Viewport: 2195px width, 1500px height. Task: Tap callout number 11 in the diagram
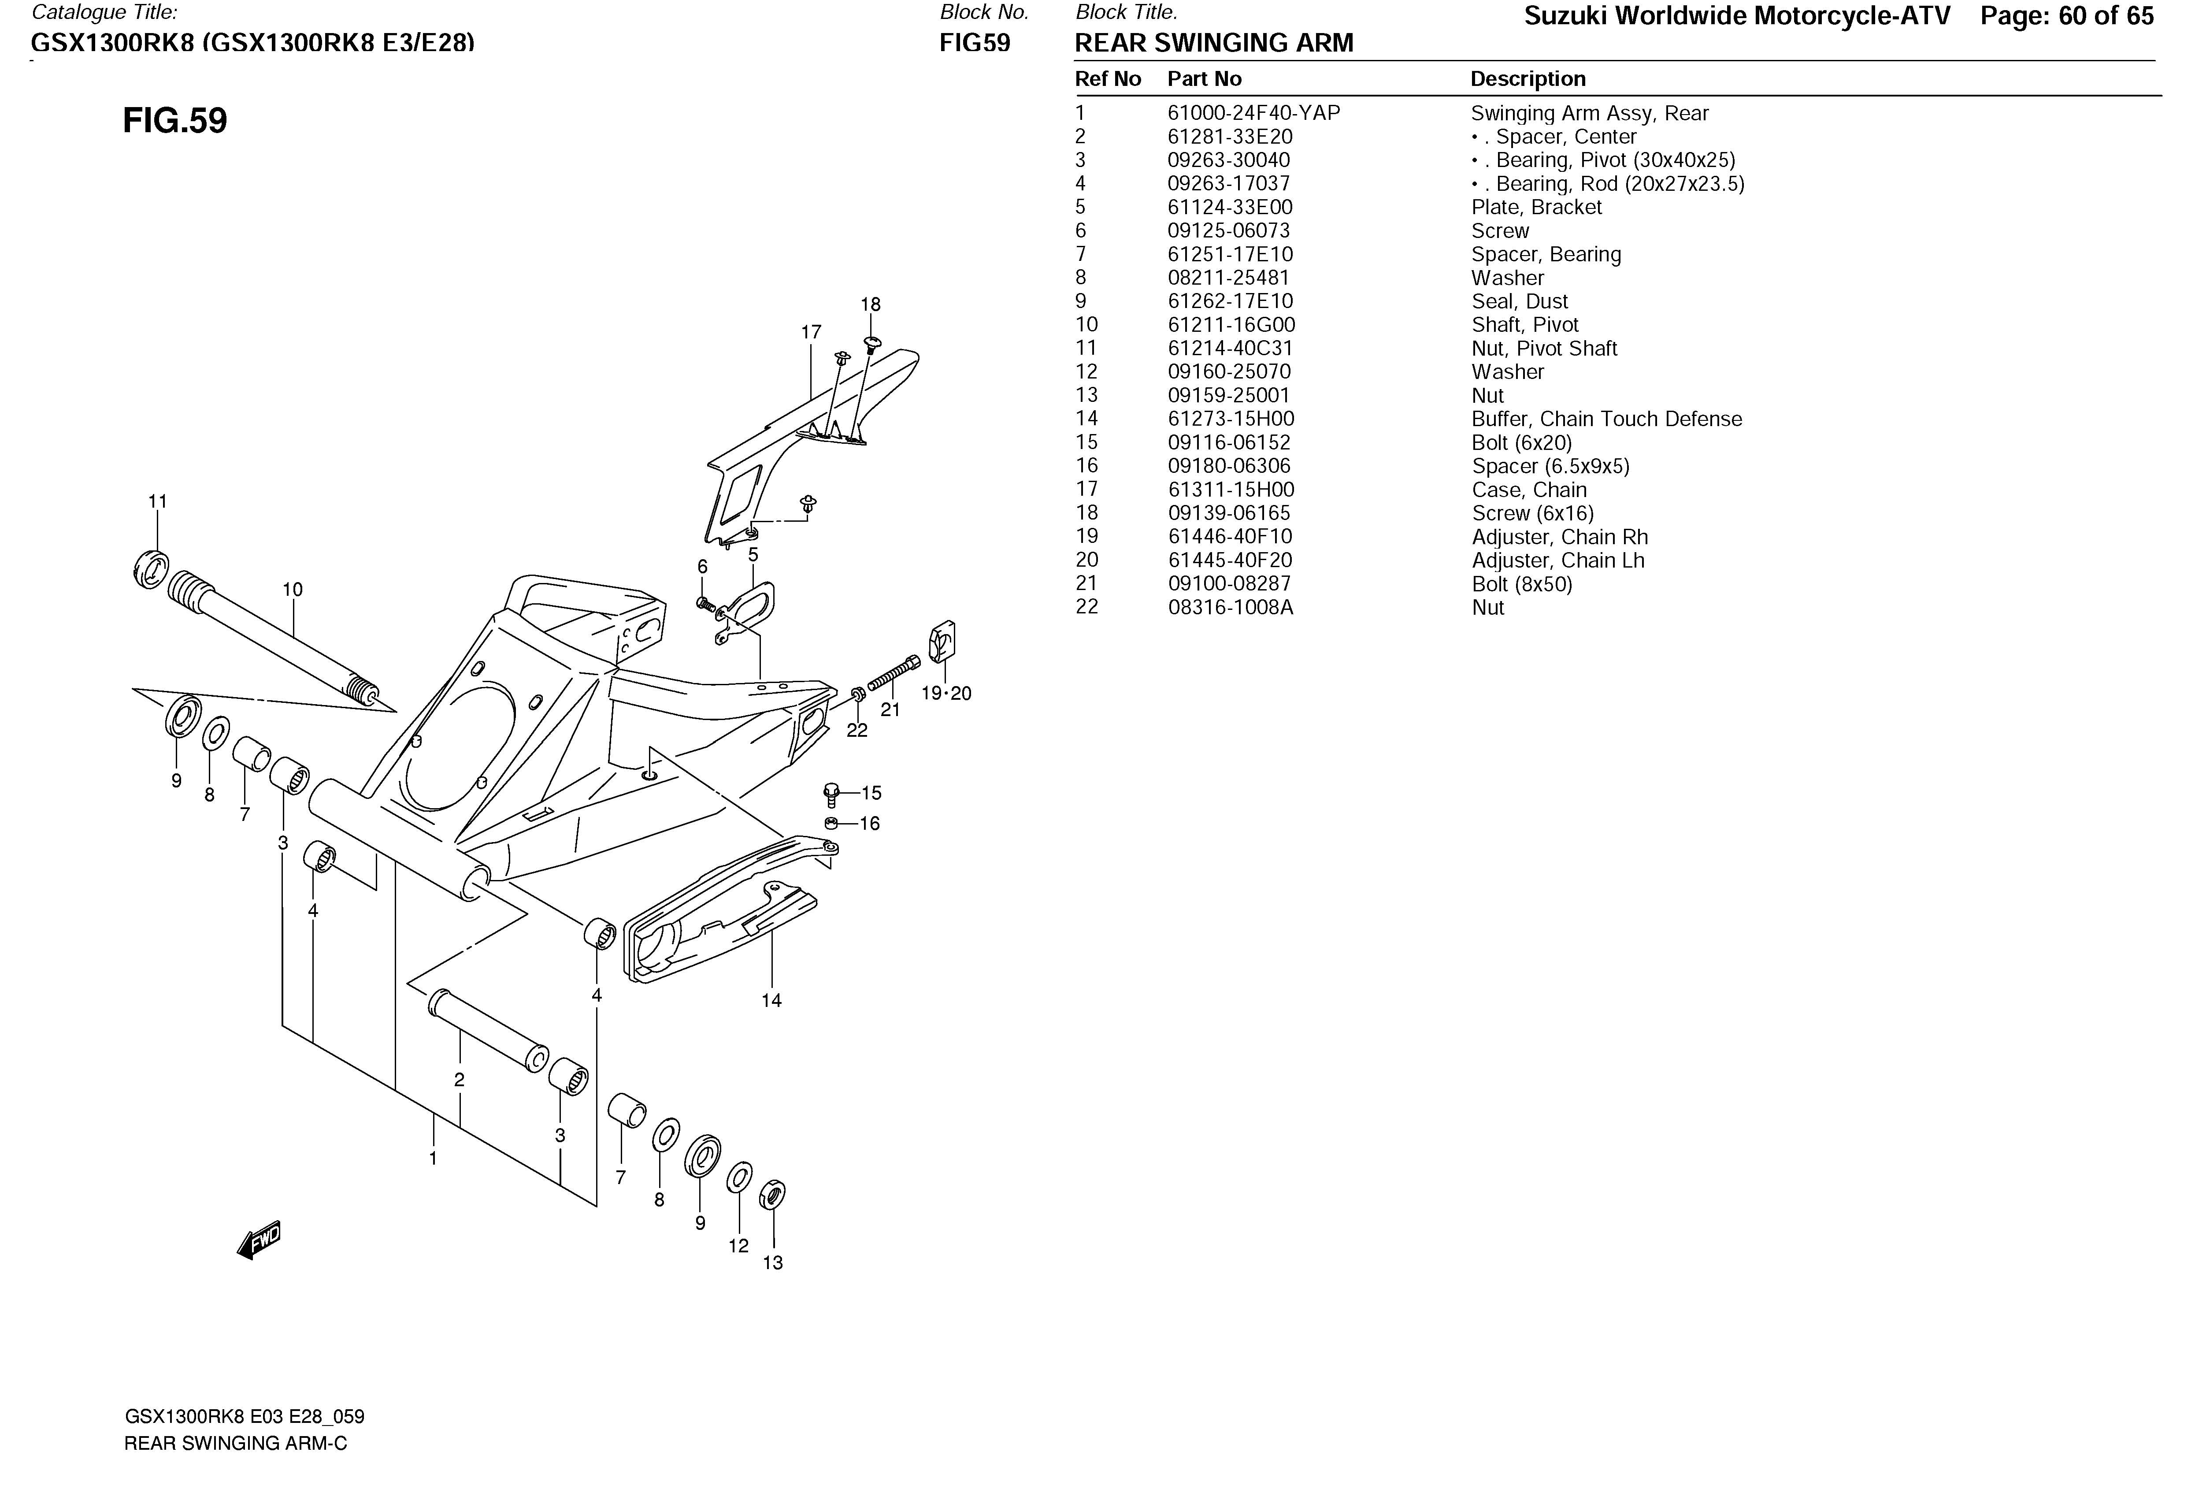(158, 501)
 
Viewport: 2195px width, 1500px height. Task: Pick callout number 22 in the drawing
(856, 730)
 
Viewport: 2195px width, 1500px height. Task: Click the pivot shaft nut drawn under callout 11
(150, 568)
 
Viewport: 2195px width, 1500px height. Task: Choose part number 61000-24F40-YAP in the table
(1253, 113)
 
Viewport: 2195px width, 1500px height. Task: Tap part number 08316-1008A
(1230, 607)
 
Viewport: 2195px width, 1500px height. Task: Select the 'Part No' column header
(1204, 79)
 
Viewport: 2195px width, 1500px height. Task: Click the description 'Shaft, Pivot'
(1524, 325)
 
